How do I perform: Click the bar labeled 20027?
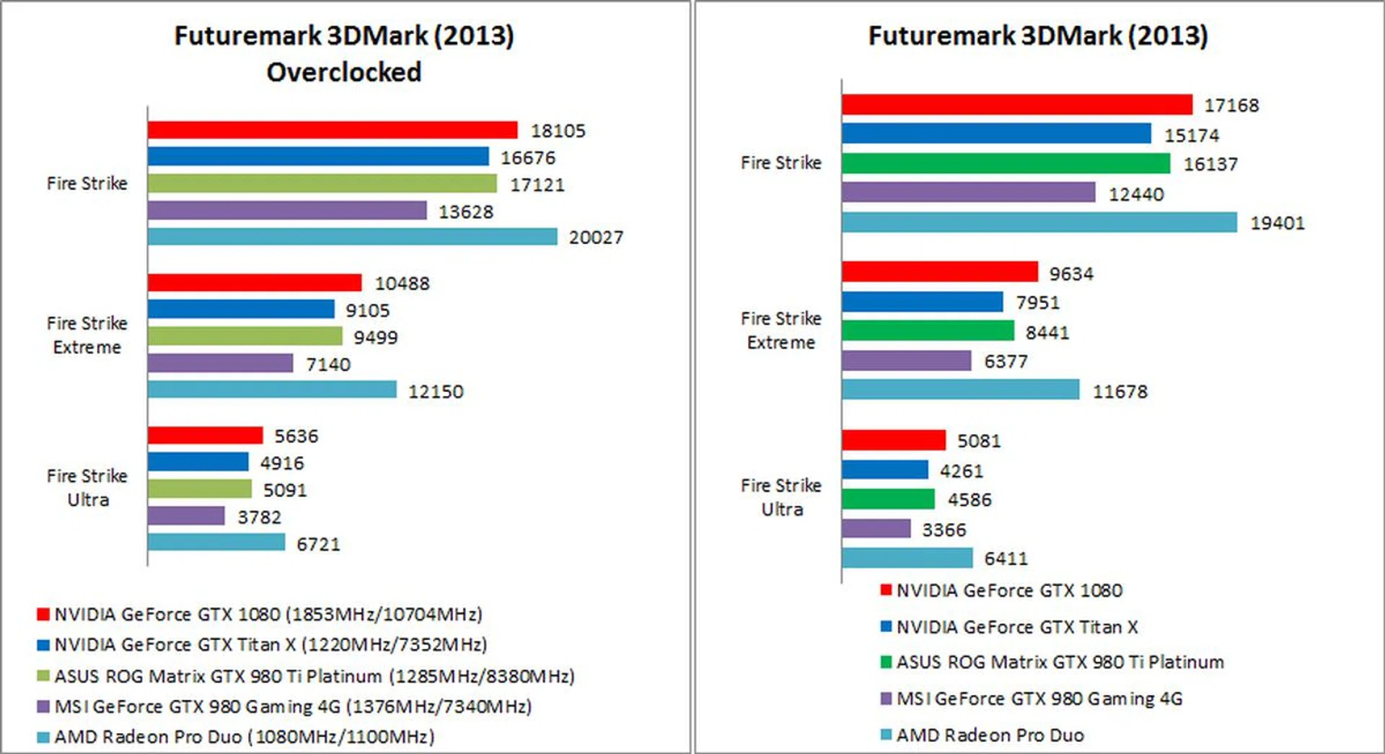click(352, 237)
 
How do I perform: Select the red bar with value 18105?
click(333, 130)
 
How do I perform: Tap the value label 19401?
click(1277, 223)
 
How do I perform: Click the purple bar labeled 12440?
click(968, 193)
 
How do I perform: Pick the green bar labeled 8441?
click(928, 331)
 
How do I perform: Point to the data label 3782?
click(259, 517)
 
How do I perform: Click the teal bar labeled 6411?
click(907, 558)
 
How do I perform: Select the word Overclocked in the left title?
click(343, 72)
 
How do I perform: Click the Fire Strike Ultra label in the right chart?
click(781, 497)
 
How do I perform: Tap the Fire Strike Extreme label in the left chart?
click(87, 335)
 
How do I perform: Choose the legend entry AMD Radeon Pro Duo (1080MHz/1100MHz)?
click(244, 737)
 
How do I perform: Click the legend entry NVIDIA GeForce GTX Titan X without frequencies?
click(1016, 627)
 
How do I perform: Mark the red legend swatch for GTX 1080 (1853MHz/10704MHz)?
click(43, 615)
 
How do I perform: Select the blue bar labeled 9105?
click(241, 310)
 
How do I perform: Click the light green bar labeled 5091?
click(200, 489)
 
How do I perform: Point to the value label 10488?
click(402, 284)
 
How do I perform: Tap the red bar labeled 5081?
click(893, 440)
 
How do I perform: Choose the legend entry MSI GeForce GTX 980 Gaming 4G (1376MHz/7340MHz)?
click(292, 706)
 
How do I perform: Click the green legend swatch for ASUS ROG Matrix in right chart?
click(886, 662)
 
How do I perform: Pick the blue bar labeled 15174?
click(996, 133)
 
